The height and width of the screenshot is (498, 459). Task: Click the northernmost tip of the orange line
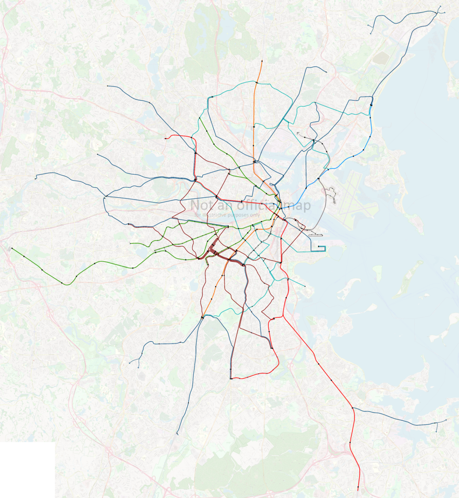point(262,61)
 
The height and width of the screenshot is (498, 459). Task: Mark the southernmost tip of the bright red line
point(357,490)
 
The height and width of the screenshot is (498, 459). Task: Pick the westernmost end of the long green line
point(11,248)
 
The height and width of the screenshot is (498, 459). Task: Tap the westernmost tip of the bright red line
point(165,139)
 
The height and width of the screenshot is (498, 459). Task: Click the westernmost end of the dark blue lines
point(35,179)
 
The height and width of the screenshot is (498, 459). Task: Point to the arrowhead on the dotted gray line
point(297,132)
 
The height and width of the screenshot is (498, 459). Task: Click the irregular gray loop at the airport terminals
point(331,194)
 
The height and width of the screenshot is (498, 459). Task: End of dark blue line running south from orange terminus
point(177,434)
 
